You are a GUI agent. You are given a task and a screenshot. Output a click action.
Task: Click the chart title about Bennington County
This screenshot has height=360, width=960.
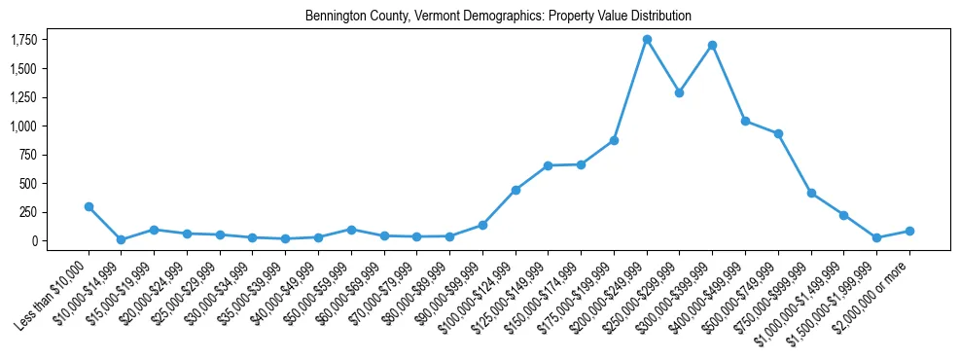pyautogui.click(x=498, y=16)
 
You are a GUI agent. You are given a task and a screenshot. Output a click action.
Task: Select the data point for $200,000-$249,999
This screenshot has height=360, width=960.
pyautogui.click(x=647, y=39)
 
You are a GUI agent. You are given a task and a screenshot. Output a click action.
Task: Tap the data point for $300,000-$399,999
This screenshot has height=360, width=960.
pyautogui.click(x=713, y=45)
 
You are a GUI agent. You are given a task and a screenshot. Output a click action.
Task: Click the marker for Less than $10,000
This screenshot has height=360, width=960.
pyautogui.click(x=89, y=206)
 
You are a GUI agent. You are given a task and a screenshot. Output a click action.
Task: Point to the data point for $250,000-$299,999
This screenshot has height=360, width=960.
pyautogui.click(x=680, y=92)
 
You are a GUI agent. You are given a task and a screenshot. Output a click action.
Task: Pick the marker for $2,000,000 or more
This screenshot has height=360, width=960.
pyautogui.click(x=909, y=231)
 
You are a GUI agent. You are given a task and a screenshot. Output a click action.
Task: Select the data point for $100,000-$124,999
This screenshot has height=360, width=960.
pyautogui.click(x=516, y=190)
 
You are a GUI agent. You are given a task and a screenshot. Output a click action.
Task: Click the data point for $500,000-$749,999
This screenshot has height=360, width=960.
pyautogui.click(x=778, y=133)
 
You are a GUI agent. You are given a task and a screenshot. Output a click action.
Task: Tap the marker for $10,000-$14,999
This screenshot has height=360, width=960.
pyautogui.click(x=121, y=239)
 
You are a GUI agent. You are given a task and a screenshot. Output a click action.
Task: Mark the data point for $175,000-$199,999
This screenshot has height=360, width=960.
pyautogui.click(x=614, y=140)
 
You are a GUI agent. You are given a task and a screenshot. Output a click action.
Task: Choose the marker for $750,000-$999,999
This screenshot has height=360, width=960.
pyautogui.click(x=811, y=193)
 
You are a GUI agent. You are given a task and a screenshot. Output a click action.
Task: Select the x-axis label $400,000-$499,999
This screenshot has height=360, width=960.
pyautogui.click(x=710, y=288)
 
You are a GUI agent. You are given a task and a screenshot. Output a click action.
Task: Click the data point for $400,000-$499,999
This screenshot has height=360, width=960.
pyautogui.click(x=745, y=121)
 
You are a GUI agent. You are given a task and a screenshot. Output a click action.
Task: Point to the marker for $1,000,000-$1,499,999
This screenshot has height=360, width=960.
pyautogui.click(x=844, y=215)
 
